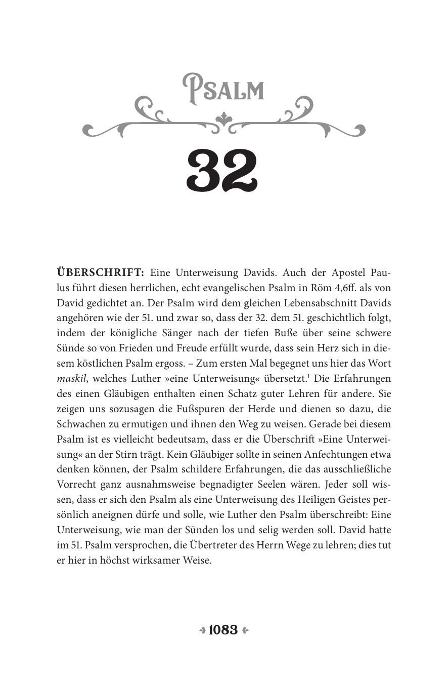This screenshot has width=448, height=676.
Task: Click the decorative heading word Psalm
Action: click(x=223, y=90)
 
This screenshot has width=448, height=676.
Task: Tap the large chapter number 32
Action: click(x=223, y=172)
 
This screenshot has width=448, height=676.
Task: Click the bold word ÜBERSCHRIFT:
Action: click(x=100, y=272)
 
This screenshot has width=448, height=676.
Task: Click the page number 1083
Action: click(x=223, y=630)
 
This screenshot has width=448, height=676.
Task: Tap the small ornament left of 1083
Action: click(x=202, y=630)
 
